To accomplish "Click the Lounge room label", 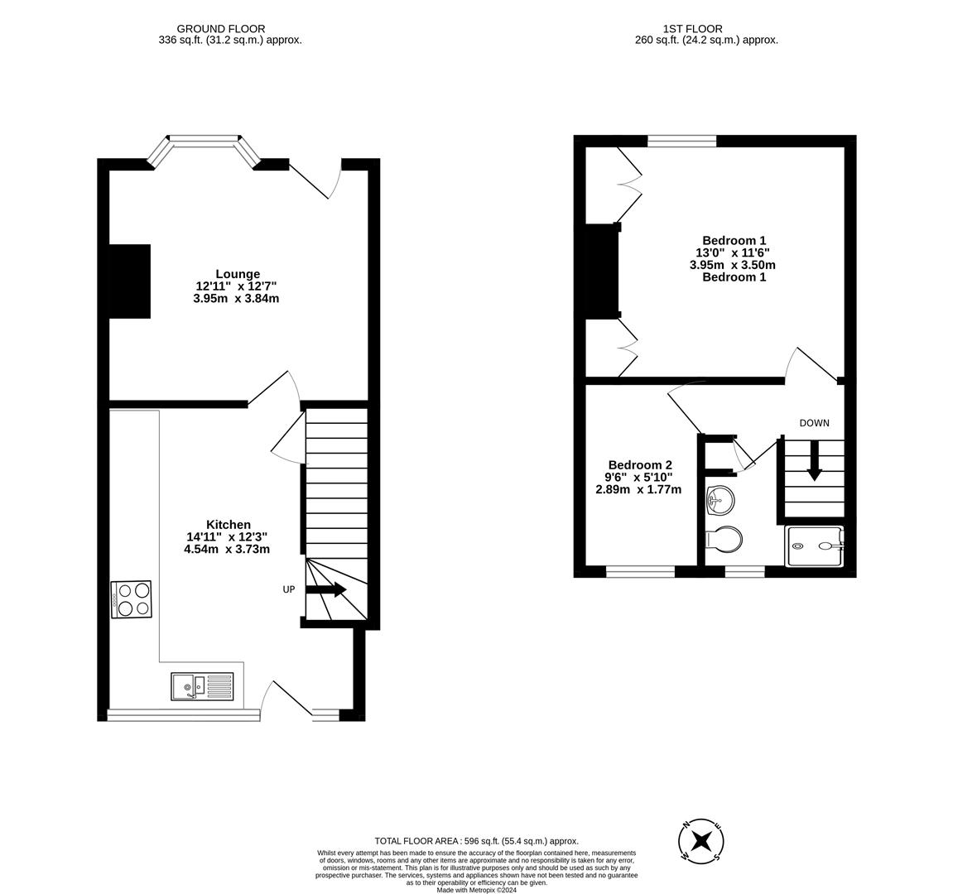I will pyautogui.click(x=238, y=274).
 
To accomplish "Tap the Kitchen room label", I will pyautogui.click(x=229, y=525).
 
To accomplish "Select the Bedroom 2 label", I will pyautogui.click(x=640, y=465).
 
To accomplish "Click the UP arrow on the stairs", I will pyautogui.click(x=326, y=590).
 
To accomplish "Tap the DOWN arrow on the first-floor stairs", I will pyautogui.click(x=814, y=460).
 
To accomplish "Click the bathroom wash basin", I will pyautogui.click(x=720, y=498).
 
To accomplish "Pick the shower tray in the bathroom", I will pyautogui.click(x=814, y=546).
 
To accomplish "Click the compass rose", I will pyautogui.click(x=701, y=842).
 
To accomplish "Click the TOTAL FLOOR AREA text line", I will pyautogui.click(x=476, y=841).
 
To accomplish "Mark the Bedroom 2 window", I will pyautogui.click(x=640, y=571).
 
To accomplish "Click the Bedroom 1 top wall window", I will pyautogui.click(x=681, y=142).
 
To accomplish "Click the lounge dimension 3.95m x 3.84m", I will pyautogui.click(x=236, y=298).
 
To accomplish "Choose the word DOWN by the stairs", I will pyautogui.click(x=814, y=423).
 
